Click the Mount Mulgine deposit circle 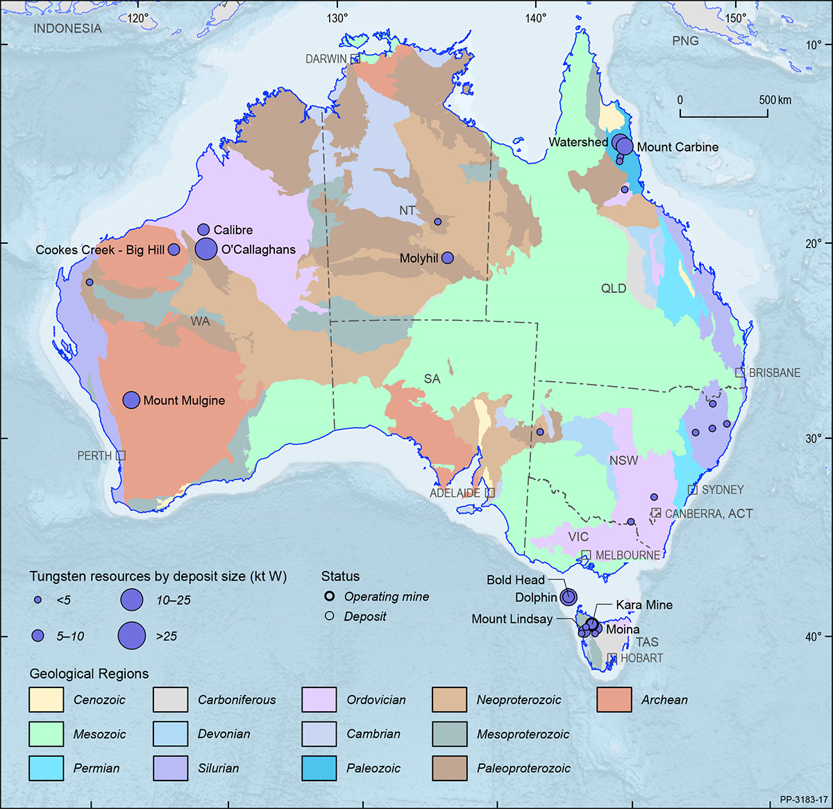[x=132, y=400]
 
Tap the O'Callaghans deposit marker [x=206, y=249]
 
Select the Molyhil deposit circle [x=448, y=258]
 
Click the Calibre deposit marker [x=203, y=229]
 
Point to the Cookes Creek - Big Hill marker [x=174, y=250]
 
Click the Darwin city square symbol [x=355, y=59]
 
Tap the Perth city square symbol [x=121, y=456]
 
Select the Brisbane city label [x=774, y=373]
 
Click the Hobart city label [x=641, y=658]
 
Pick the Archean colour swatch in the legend [x=614, y=700]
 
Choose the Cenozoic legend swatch [x=46, y=700]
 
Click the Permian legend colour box [x=46, y=768]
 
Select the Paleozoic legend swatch [x=319, y=768]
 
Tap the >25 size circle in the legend [x=132, y=635]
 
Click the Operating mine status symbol [x=330, y=597]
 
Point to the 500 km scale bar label [x=775, y=100]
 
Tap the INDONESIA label [x=67, y=28]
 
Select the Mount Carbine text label [x=678, y=147]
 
